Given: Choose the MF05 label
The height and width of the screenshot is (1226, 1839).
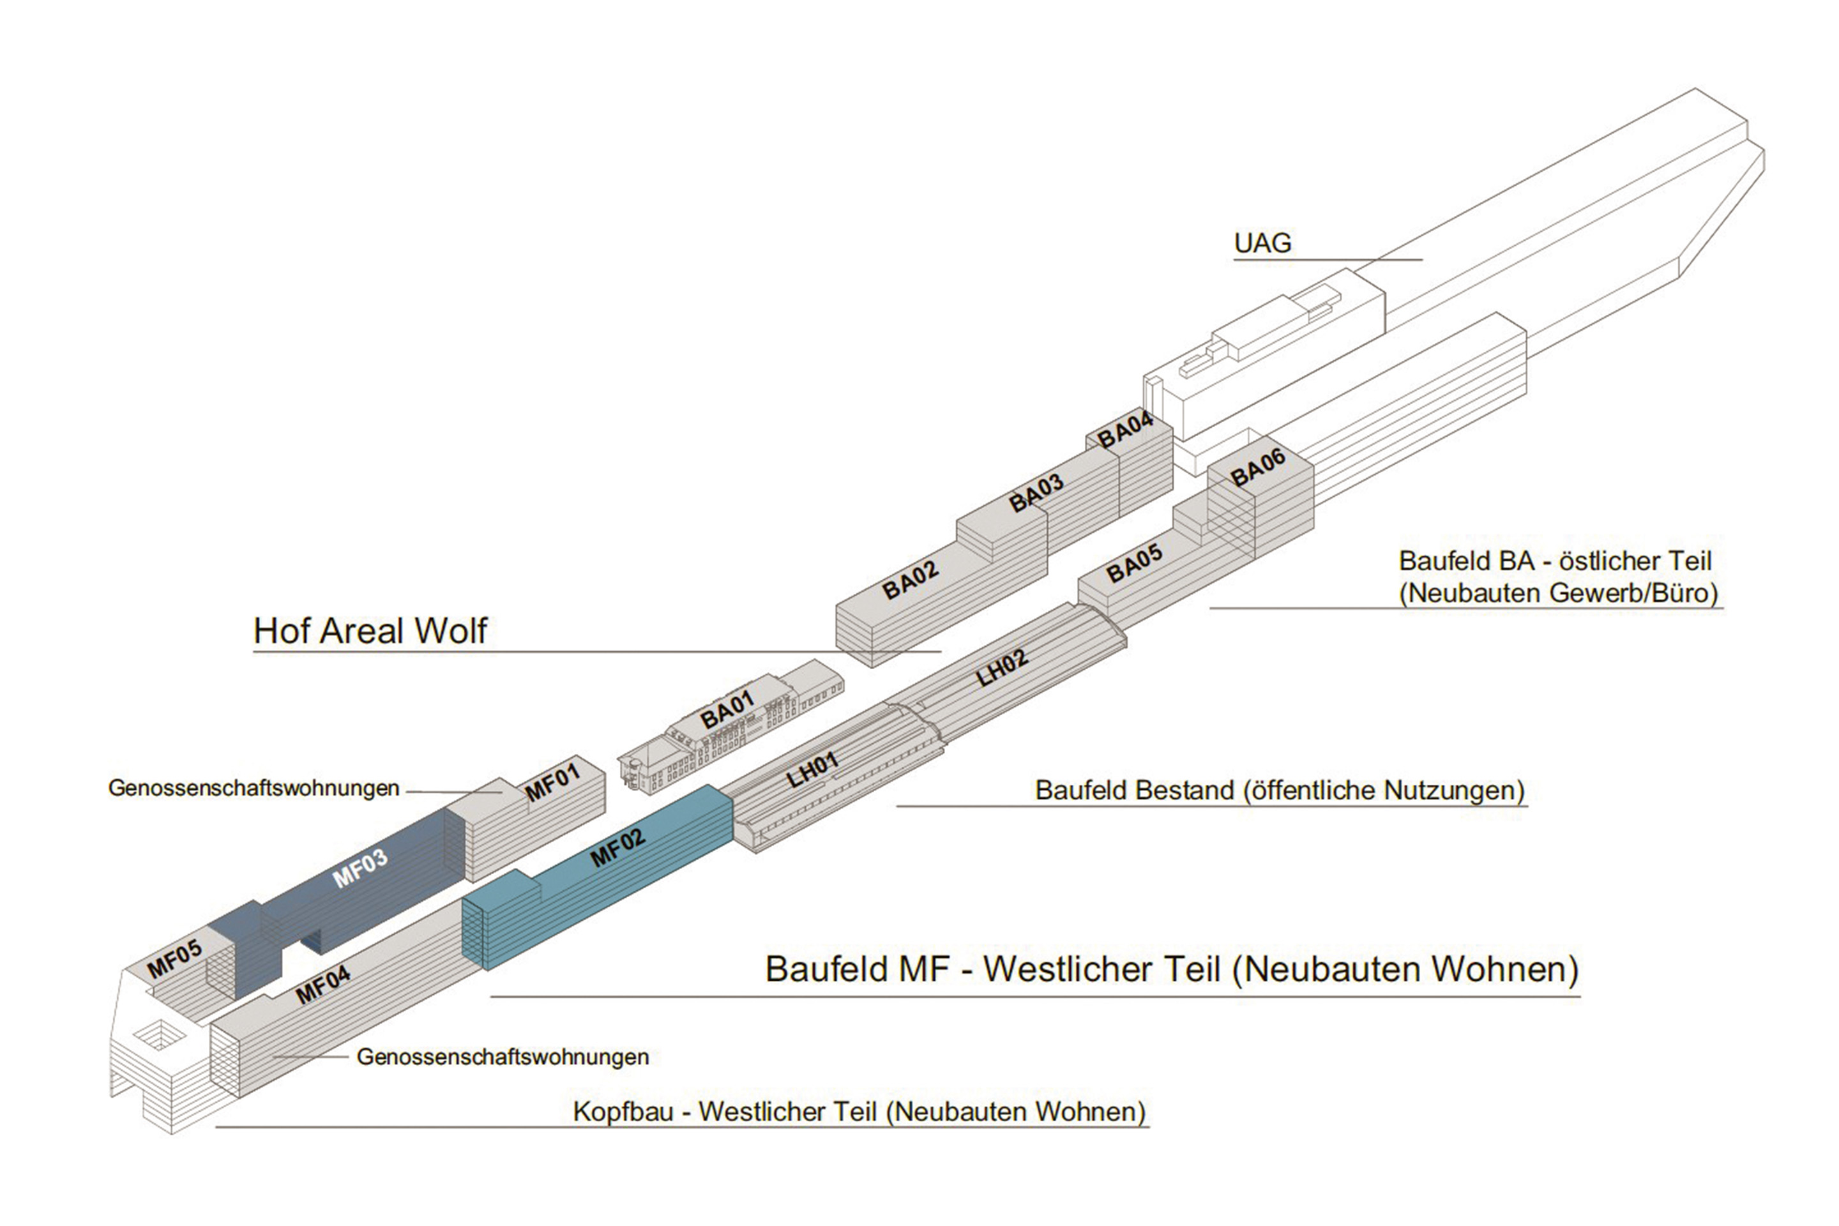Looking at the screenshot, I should click(x=175, y=958).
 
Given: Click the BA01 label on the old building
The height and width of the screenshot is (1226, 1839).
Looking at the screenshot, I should click(x=727, y=710).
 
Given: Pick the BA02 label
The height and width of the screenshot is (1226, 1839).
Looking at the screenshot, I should click(x=910, y=580).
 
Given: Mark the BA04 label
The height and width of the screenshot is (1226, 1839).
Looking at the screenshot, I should click(x=1126, y=430).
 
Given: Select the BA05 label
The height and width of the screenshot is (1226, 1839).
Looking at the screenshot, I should click(x=1135, y=564).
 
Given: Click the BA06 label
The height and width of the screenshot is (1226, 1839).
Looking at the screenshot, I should click(x=1257, y=468).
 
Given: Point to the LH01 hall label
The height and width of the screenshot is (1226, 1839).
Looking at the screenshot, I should click(x=812, y=769).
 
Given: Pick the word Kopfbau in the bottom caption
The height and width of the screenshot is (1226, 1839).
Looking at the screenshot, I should click(x=623, y=1112).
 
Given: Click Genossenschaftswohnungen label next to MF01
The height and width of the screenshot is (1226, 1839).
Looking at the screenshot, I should click(x=254, y=788).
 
